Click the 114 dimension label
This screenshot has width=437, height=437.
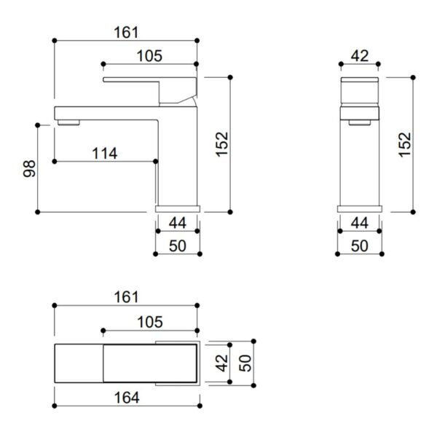105,154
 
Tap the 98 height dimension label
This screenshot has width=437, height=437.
29,169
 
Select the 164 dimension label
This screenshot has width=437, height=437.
127,398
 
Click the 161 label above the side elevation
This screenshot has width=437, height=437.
126,32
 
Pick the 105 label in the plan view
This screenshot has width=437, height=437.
150,322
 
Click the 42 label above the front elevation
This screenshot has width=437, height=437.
360,56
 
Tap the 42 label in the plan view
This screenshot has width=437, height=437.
222,363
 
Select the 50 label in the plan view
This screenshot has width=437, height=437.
245,363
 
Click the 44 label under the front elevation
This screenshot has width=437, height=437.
360,223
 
